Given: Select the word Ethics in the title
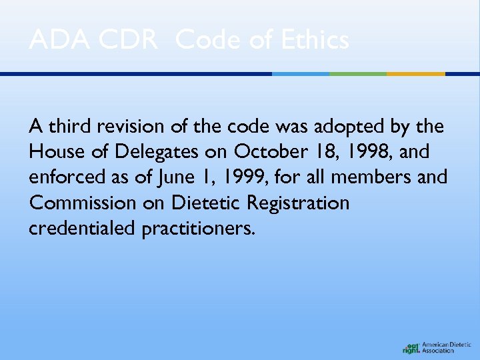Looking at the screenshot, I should (315, 41).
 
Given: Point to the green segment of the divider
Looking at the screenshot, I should (358, 74).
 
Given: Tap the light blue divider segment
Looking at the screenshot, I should (301, 74).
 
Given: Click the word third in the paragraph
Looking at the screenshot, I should (69, 127).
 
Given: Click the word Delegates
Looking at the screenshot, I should (157, 153).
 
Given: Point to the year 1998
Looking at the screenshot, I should (367, 153).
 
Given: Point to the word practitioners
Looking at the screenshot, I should (198, 229).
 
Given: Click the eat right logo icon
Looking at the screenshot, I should (411, 347).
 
